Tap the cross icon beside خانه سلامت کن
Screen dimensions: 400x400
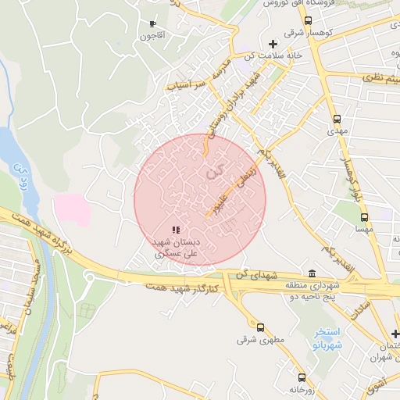coord(272,44)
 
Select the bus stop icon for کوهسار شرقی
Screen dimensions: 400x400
coord(309,21)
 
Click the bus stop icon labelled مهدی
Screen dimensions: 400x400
coord(337,120)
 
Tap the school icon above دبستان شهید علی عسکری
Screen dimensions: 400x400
coord(176,230)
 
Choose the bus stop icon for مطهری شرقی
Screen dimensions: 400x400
coord(259,328)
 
